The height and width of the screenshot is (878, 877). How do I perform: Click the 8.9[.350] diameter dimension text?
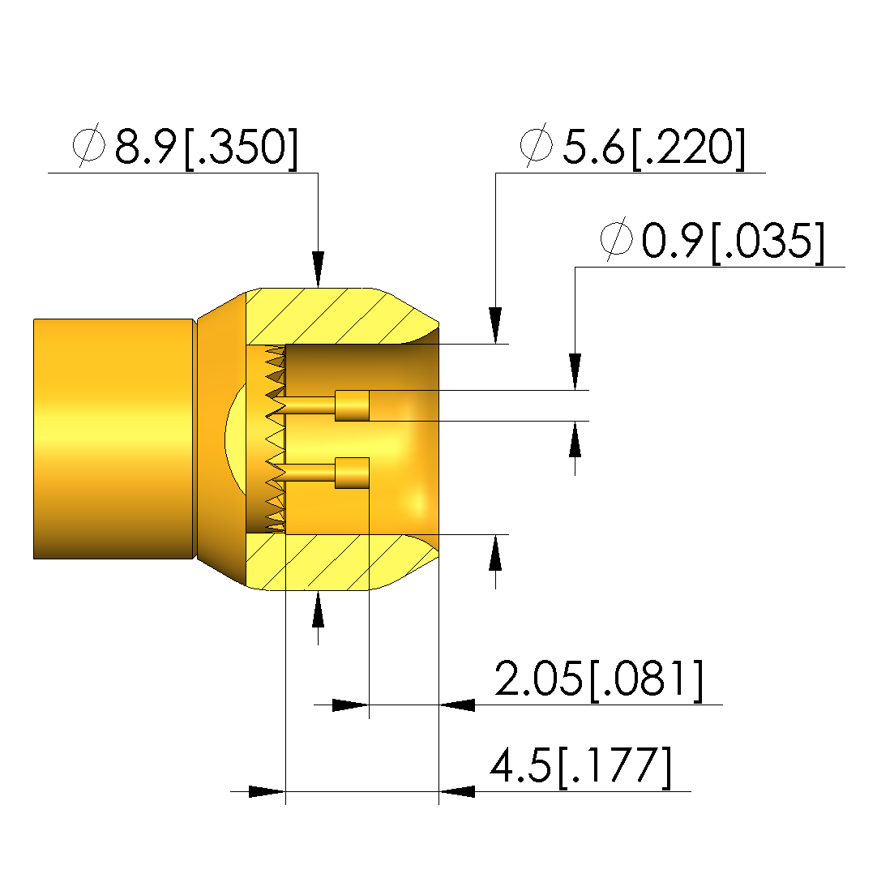pos(207,147)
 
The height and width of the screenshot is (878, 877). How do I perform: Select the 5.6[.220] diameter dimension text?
pos(653,147)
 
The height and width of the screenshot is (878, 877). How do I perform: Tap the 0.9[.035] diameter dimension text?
pos(734,241)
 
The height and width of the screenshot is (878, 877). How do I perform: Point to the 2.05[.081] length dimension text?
pos(599,679)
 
